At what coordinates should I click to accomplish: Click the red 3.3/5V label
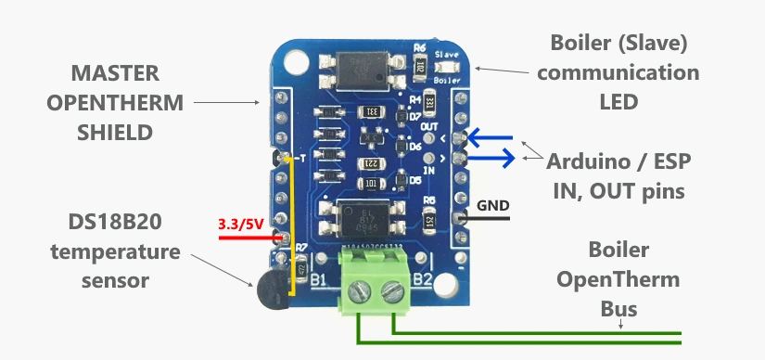(x=240, y=224)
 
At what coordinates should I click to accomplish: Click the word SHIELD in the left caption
(x=113, y=133)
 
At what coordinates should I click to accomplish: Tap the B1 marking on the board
(x=321, y=276)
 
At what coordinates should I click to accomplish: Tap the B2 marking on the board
(x=423, y=276)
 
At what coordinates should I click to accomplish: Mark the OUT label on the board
(x=428, y=125)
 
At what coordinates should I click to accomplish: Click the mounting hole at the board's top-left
(x=295, y=61)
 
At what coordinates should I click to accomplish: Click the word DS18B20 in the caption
(x=112, y=223)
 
